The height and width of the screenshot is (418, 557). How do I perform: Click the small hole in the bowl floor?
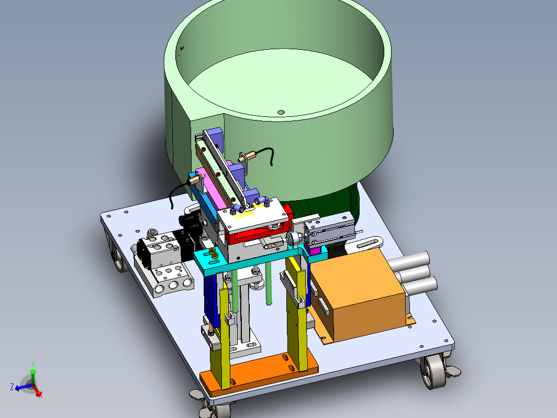(281, 112)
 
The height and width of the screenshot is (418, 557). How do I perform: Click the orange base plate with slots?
(259, 371)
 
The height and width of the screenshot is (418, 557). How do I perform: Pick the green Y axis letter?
(32, 364)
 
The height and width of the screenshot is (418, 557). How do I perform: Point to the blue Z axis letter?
(12, 387)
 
